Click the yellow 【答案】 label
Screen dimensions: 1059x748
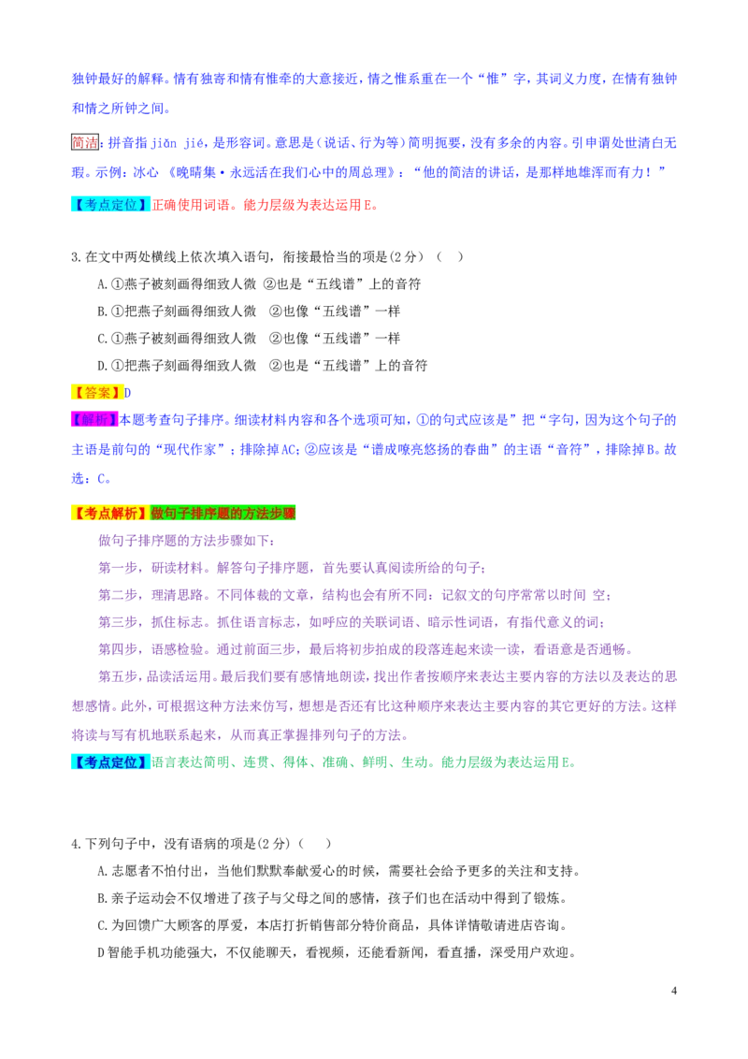click(x=96, y=393)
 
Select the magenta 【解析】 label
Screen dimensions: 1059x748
click(x=93, y=420)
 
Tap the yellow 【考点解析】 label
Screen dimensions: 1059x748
click(x=108, y=513)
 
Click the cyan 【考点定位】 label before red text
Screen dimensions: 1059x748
click(x=108, y=205)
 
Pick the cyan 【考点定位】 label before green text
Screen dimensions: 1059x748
click(x=108, y=762)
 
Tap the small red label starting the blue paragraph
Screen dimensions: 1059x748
click(x=85, y=142)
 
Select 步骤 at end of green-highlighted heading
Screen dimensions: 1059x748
click(x=283, y=513)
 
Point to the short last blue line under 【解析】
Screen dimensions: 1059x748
click(x=90, y=478)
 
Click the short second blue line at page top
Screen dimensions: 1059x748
click(x=119, y=109)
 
